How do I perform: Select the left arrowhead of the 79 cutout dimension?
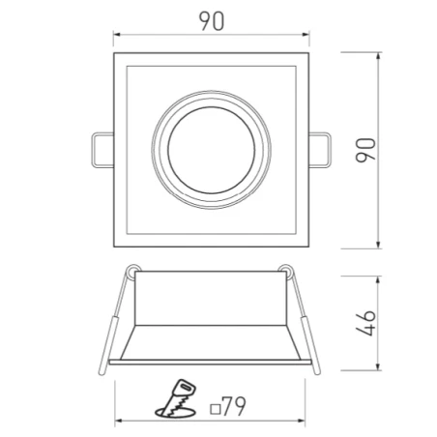(x=118, y=422)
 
